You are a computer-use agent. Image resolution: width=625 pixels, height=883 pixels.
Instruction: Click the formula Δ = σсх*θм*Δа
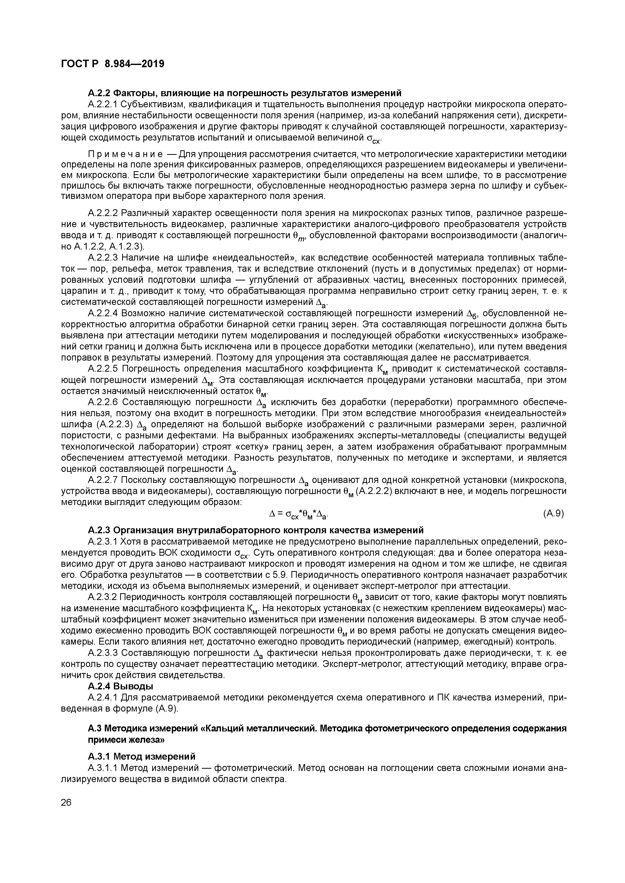[x=300, y=514]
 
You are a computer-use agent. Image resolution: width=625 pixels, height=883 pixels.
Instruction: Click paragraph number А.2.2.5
[x=103, y=369]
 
